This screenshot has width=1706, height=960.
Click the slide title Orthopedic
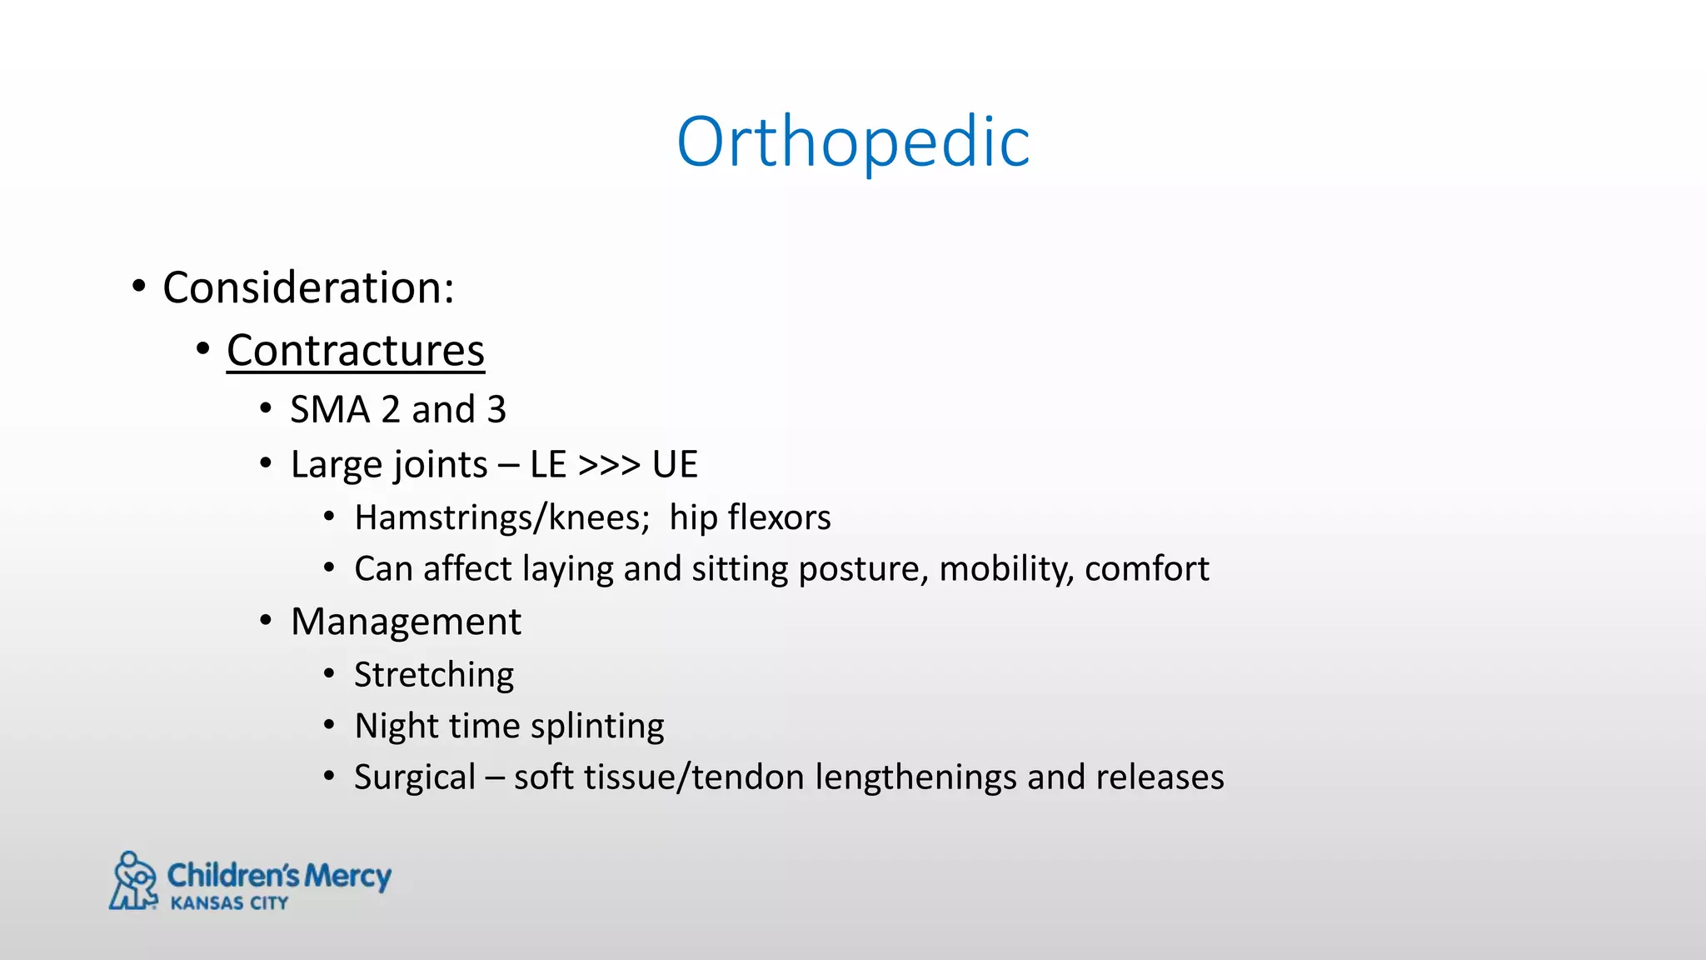click(853, 142)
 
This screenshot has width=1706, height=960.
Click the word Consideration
click(306, 288)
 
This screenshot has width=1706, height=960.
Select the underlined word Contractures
click(355, 350)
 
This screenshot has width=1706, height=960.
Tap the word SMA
click(329, 410)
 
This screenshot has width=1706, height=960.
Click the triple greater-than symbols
click(609, 465)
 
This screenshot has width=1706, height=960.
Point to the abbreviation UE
click(675, 465)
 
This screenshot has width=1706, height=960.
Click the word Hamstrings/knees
click(501, 518)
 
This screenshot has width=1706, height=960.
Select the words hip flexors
click(750, 518)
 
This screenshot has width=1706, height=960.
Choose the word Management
click(406, 622)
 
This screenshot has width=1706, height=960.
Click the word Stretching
click(434, 675)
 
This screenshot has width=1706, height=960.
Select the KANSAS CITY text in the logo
click(229, 903)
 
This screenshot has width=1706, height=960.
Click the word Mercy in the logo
click(347, 876)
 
